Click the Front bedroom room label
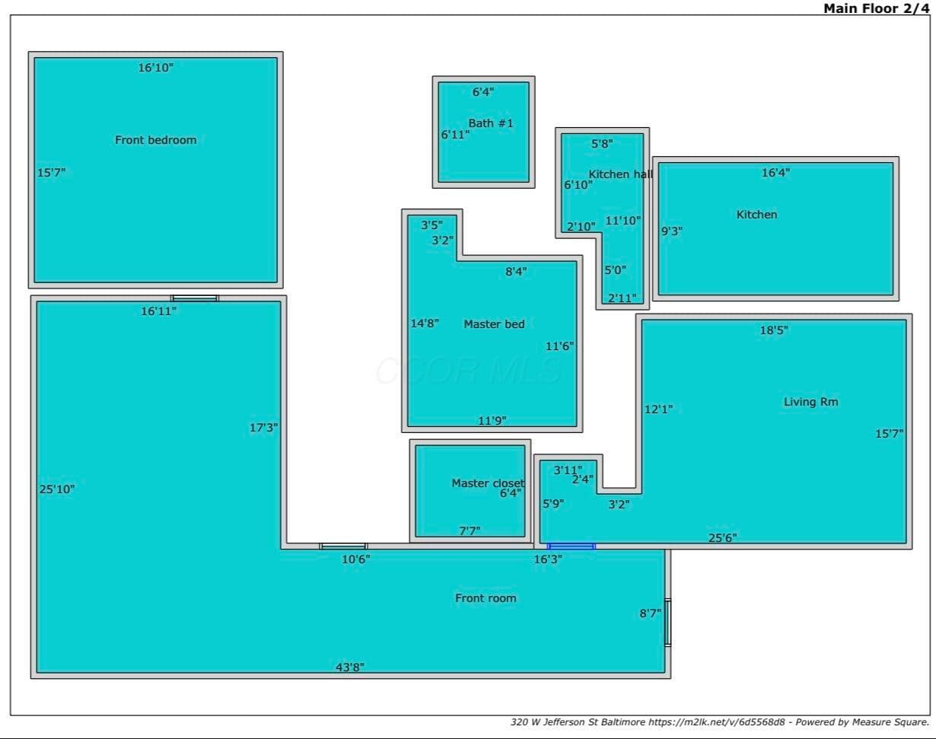pos(155,140)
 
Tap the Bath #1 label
pos(491,123)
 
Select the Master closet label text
pos(488,483)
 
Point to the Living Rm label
pos(810,402)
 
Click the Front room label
pos(486,598)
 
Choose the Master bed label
pos(494,324)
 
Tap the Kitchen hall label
pos(621,174)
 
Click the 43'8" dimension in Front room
pos(350,667)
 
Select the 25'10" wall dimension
pos(57,489)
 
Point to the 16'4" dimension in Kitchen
pos(775,173)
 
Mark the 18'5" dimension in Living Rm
pos(774,330)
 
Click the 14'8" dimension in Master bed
pos(425,323)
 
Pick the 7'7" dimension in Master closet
pos(470,530)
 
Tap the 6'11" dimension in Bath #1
pos(455,135)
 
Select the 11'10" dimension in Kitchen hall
pos(622,221)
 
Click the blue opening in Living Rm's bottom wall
pos(571,546)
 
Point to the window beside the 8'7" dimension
pos(667,623)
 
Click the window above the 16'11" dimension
pos(194,298)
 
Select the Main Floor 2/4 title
pos(876,8)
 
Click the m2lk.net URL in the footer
pos(717,722)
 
